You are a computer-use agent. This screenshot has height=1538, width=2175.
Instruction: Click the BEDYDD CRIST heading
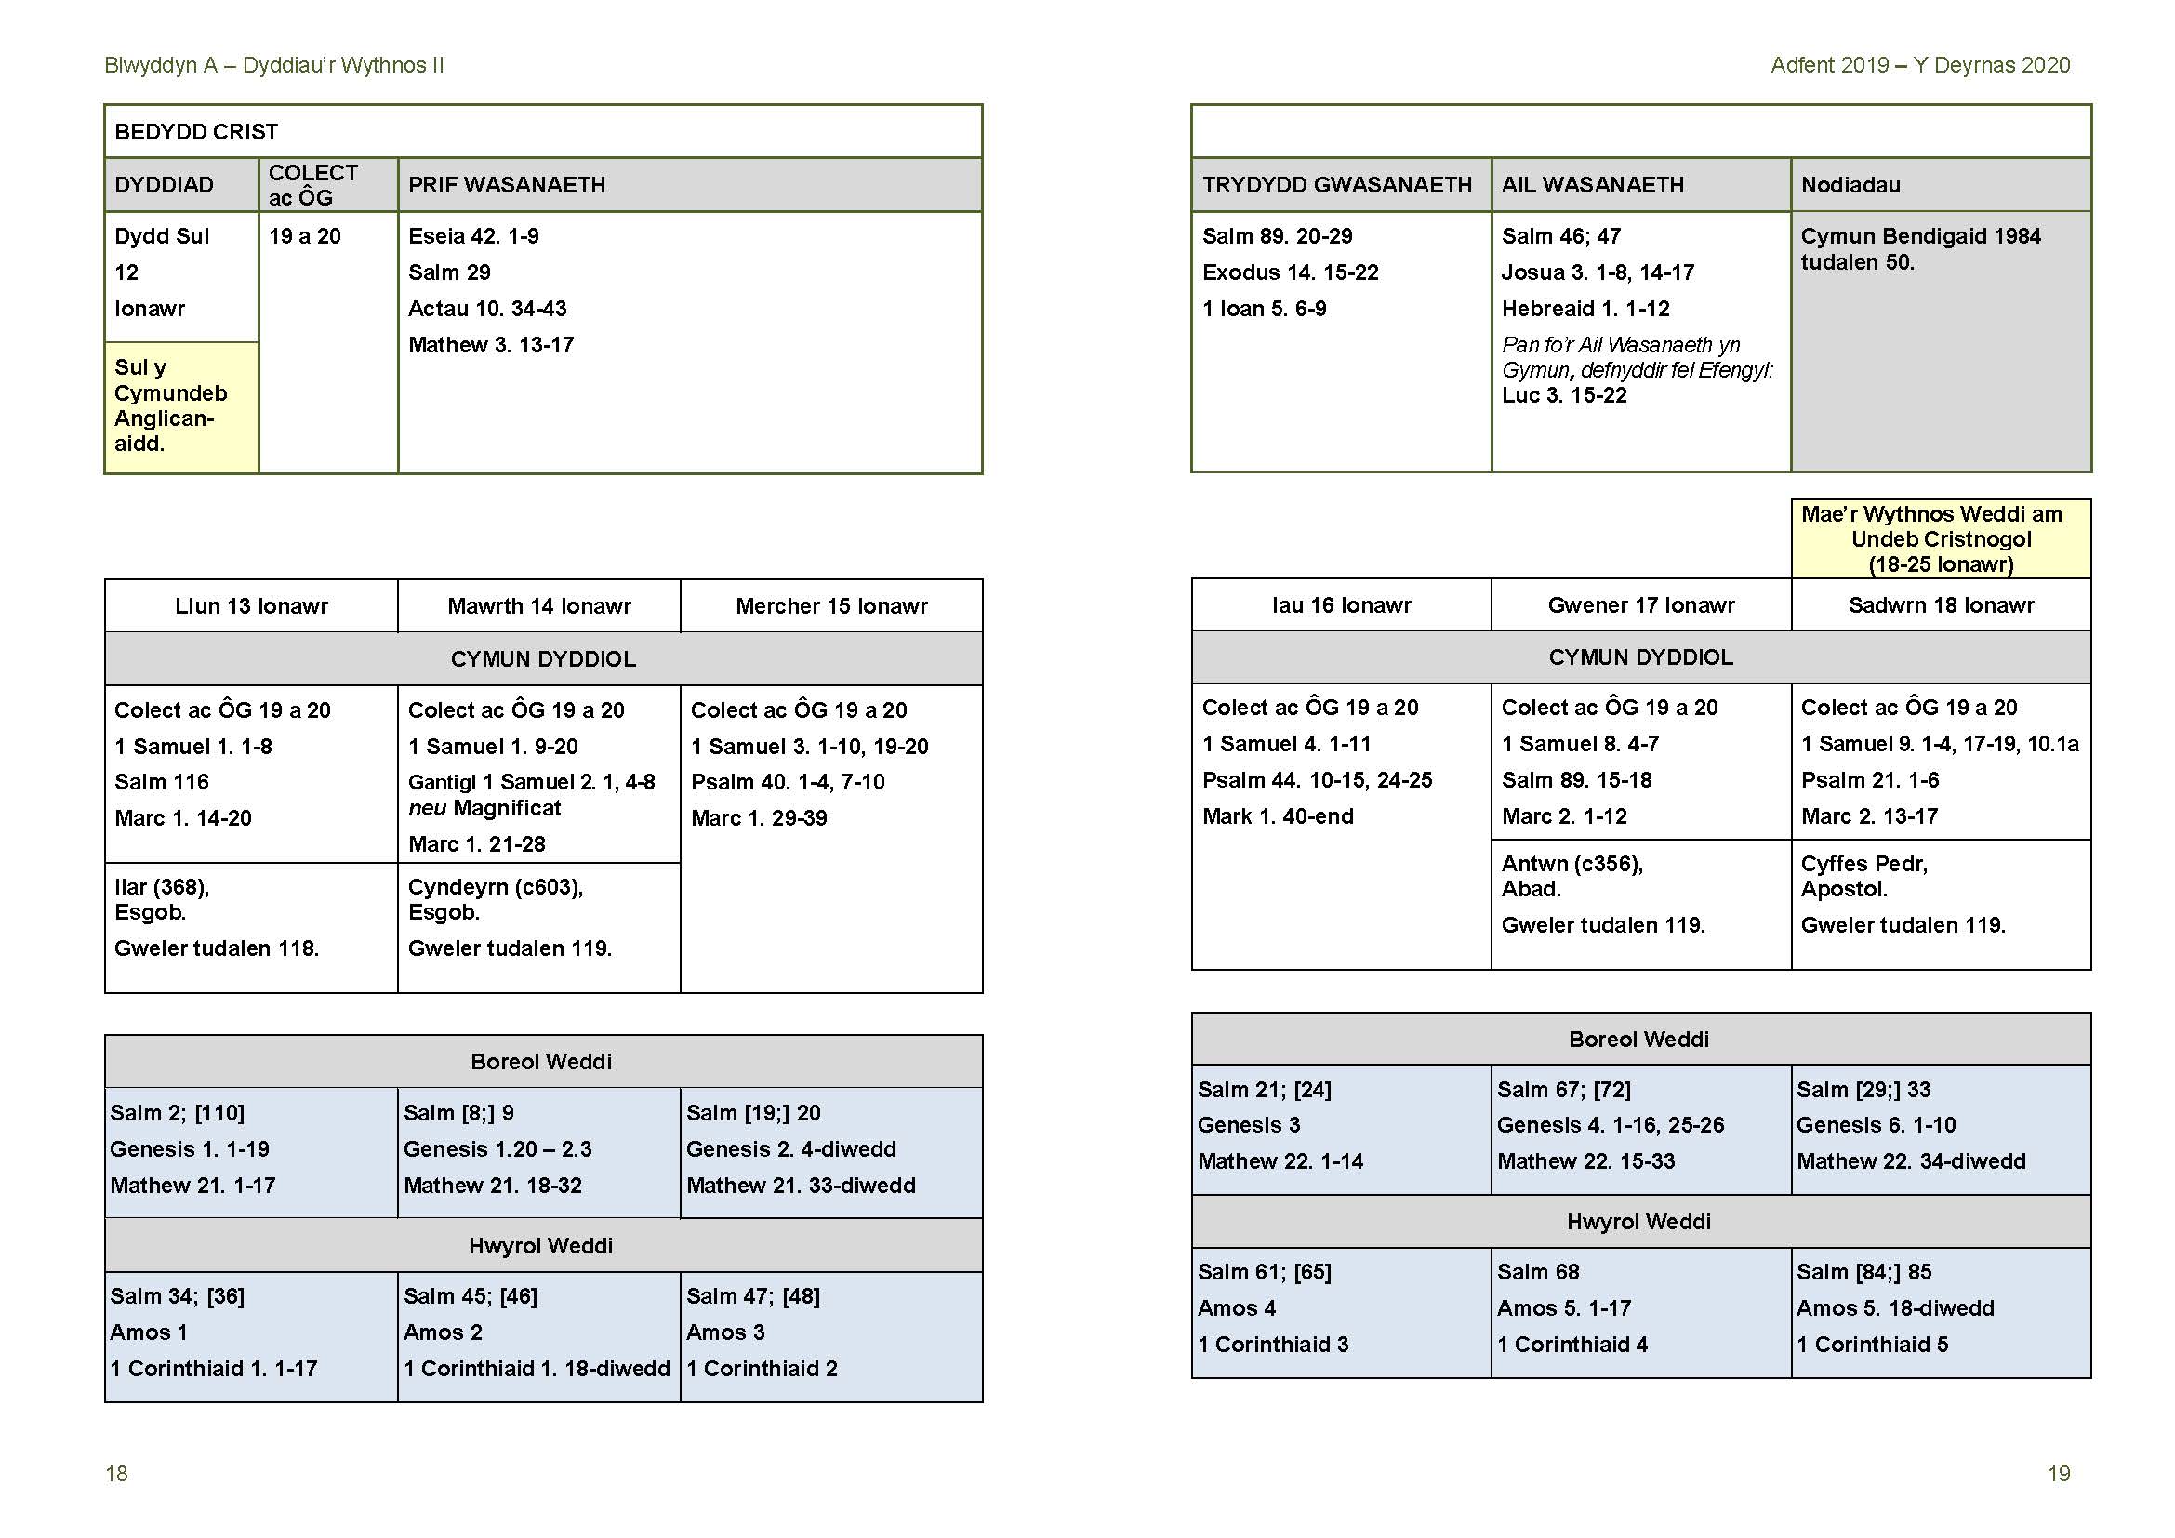pos(196,132)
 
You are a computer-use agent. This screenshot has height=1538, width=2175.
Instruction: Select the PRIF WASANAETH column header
pos(506,185)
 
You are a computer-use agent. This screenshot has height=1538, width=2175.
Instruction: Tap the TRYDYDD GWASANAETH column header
pos(1336,185)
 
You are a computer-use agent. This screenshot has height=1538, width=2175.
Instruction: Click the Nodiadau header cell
pos(1850,185)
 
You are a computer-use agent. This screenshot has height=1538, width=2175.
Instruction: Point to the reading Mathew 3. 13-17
pos(491,345)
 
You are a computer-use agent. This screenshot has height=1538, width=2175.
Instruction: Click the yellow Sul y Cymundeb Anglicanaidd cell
pos(180,405)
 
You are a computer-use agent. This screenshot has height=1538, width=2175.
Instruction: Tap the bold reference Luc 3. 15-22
pos(1564,396)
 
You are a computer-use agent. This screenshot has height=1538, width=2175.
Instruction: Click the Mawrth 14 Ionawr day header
pos(539,606)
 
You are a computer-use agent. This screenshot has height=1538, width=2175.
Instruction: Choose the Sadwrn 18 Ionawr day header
pos(1940,605)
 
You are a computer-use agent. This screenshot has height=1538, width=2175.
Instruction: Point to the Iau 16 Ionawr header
pos(1341,605)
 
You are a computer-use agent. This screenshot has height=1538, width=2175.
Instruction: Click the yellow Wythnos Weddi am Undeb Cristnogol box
pos(1940,539)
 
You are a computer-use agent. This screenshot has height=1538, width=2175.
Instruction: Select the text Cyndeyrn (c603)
pos(496,887)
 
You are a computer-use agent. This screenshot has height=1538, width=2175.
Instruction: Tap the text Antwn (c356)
pos(1572,864)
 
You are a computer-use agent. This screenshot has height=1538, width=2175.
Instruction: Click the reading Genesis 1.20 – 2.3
pos(497,1148)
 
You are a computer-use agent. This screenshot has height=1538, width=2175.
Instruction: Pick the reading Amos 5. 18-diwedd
pos(1894,1308)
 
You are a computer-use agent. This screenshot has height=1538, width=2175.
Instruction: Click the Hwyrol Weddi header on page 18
pos(540,1245)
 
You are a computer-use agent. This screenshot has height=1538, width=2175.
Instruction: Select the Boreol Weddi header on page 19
pos(1638,1039)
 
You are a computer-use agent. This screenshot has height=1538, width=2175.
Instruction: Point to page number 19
pos(2059,1474)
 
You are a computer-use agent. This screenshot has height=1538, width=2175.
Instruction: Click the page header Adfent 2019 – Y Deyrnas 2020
pos(1919,65)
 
